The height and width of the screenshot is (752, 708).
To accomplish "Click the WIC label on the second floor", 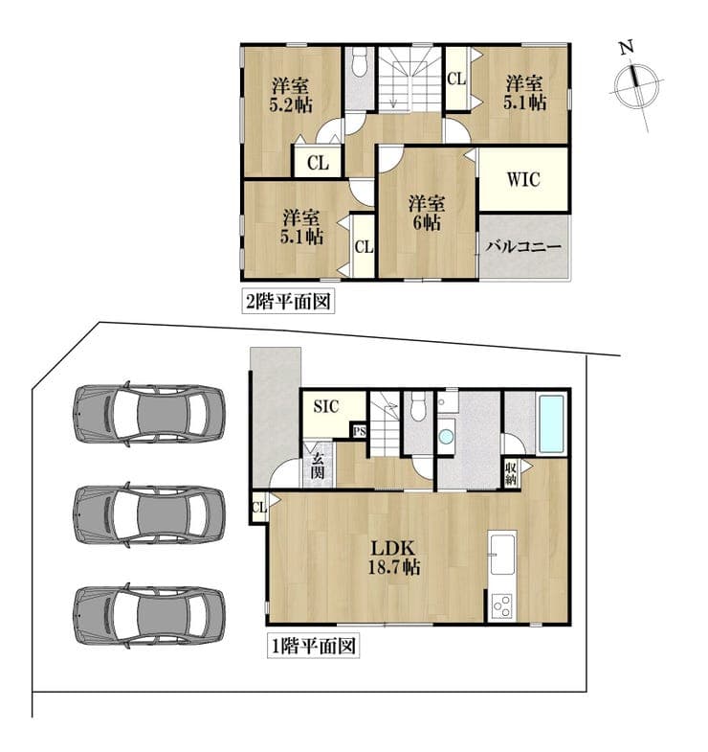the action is (x=523, y=180).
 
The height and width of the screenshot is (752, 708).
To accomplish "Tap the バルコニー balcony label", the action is (x=523, y=247).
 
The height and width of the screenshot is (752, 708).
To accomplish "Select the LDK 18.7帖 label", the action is (x=394, y=558).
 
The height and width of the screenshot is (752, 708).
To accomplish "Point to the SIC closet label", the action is (x=325, y=407).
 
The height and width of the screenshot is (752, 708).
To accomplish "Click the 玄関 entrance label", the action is (x=317, y=466).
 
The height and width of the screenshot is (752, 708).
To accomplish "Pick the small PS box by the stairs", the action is (x=360, y=431).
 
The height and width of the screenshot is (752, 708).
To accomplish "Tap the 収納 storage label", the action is (x=511, y=473).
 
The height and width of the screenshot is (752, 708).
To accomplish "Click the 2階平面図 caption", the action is (x=288, y=302).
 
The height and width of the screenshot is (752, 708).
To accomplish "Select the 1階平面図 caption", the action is (x=313, y=646).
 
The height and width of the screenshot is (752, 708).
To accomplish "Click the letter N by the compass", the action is (x=626, y=48).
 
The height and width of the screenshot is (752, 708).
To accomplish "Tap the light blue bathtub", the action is (x=552, y=423).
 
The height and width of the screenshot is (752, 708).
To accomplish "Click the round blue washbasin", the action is (x=446, y=437).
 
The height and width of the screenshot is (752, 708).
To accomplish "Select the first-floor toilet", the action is (x=419, y=406).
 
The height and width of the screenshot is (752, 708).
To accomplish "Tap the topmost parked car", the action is (x=149, y=415).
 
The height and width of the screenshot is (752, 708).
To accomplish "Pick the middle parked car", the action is (x=149, y=514).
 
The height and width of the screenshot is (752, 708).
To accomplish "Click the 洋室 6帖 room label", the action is (x=426, y=213).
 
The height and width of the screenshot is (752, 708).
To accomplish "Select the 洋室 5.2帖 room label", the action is (x=291, y=95).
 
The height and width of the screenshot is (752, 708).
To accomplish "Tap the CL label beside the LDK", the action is (x=258, y=507).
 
